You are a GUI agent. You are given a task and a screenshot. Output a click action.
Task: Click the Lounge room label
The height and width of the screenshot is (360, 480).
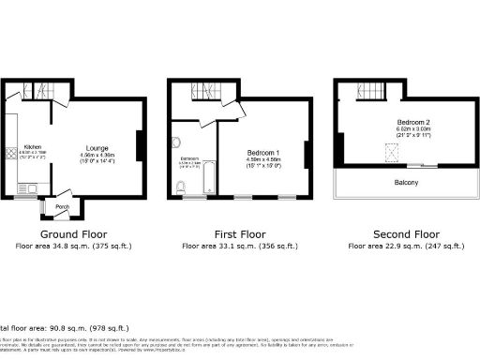pyautogui.click(x=97, y=147)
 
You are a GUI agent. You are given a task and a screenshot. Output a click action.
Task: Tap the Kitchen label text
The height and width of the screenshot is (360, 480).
pyautogui.click(x=32, y=147)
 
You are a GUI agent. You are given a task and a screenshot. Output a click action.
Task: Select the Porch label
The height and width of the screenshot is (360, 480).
pyautogui.click(x=63, y=206)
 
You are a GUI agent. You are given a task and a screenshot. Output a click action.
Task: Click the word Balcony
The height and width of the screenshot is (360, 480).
pyautogui.click(x=407, y=184)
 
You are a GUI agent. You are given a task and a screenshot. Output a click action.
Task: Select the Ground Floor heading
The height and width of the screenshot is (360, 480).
pyautogui.click(x=73, y=233)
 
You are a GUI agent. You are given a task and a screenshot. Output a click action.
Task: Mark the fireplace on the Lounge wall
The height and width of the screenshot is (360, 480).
pyautogui.click(x=141, y=146)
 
